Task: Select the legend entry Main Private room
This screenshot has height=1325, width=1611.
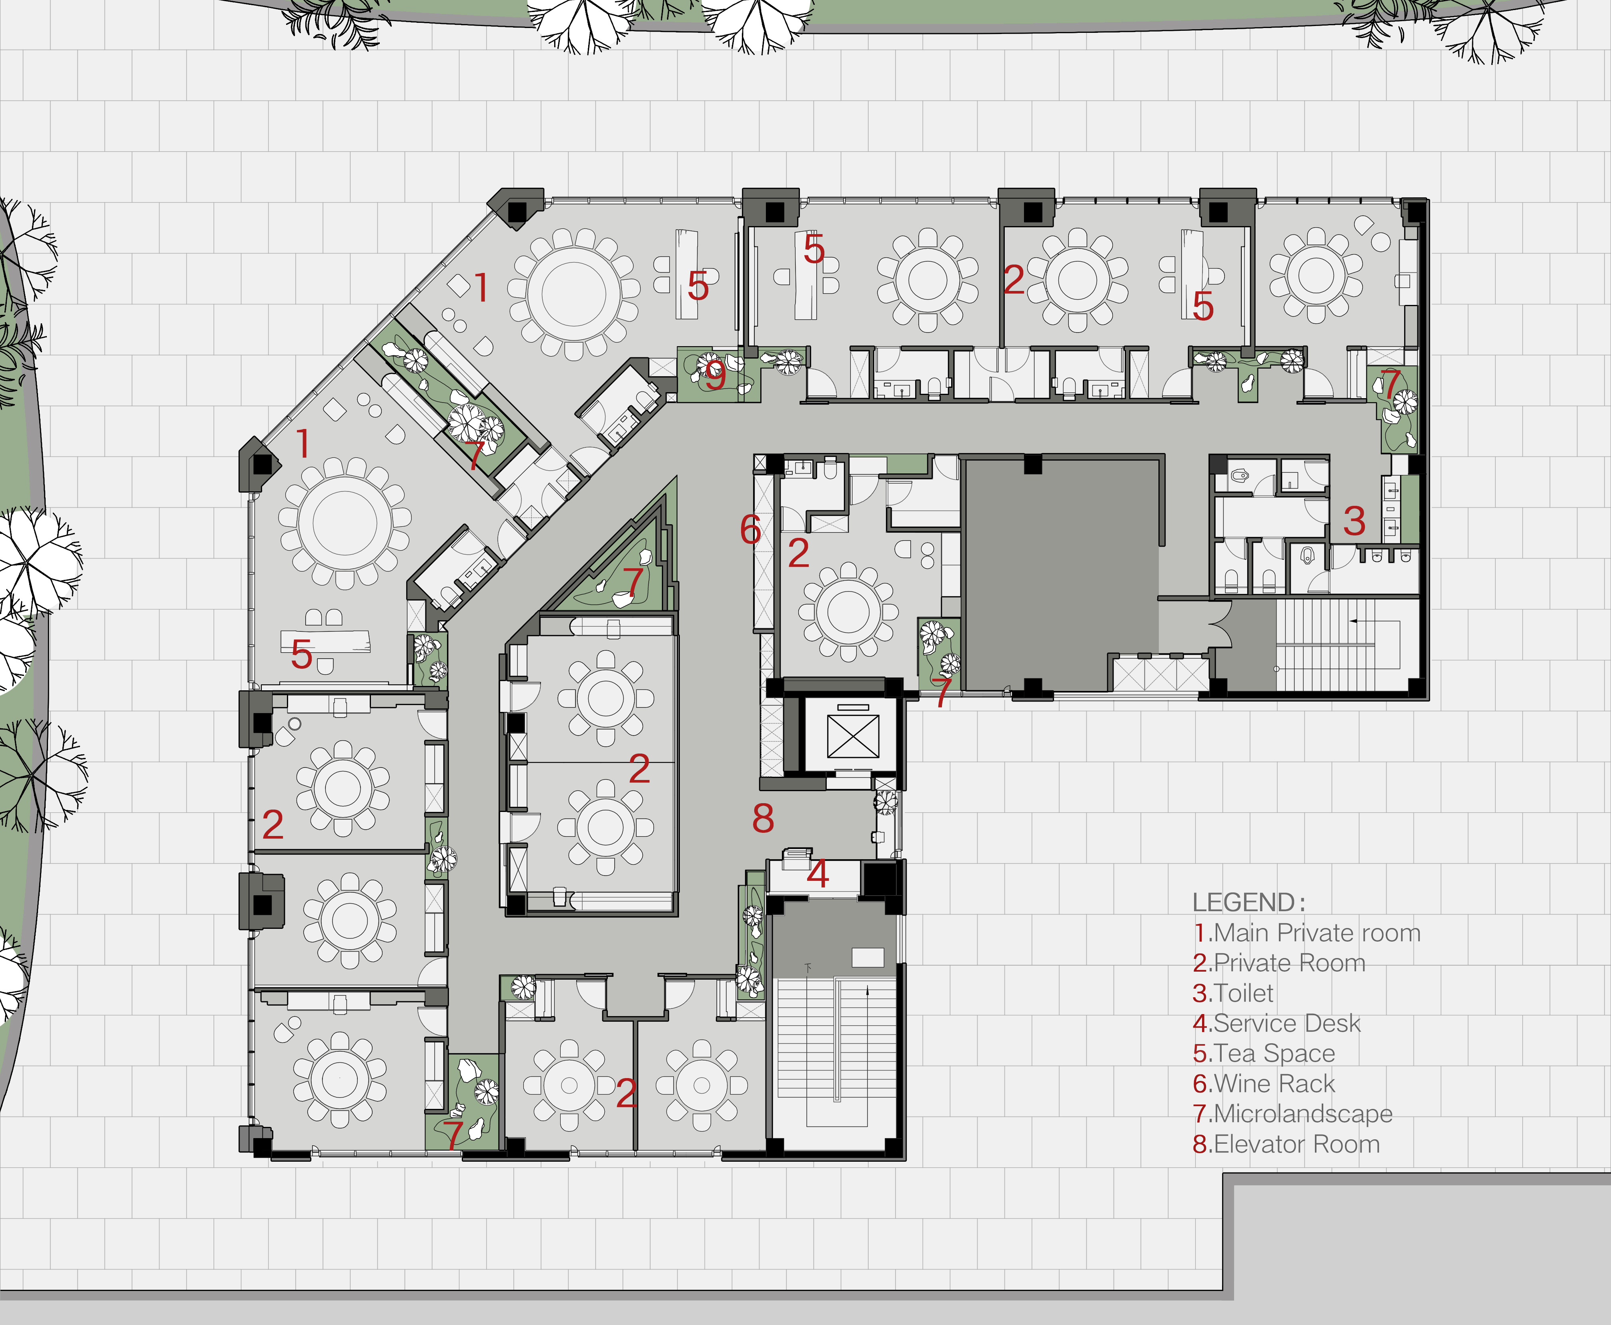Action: coord(1306,933)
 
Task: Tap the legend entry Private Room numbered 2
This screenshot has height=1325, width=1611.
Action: coord(1279,963)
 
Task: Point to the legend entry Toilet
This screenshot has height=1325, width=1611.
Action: coord(1233,993)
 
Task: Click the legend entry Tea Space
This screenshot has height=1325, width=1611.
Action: coord(1264,1053)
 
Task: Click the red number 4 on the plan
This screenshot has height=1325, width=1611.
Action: coord(818,874)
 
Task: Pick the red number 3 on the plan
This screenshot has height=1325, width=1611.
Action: coord(1355,521)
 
